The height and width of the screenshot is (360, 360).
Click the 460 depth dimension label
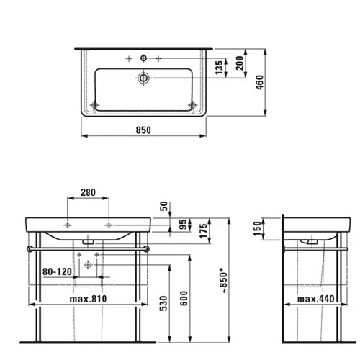click(259, 82)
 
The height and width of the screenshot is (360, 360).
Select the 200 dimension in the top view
click(240, 63)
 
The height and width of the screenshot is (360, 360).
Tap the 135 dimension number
click(219, 68)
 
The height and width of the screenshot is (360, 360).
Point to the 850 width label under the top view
click(143, 130)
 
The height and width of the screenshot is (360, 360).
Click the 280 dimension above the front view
click(88, 192)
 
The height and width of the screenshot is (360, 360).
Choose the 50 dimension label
click(163, 206)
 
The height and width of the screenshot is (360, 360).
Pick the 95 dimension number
click(183, 225)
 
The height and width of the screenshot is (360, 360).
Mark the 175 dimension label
click(203, 230)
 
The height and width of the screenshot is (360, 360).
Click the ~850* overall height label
click(224, 280)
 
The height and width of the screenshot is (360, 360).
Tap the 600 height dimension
click(184, 298)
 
